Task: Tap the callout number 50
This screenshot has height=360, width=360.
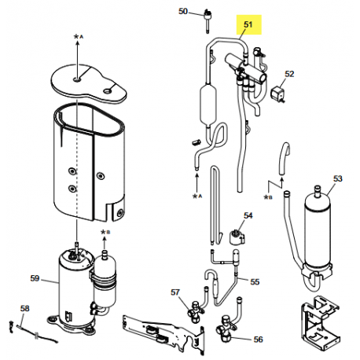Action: (183, 12)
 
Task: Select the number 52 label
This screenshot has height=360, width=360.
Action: (289, 74)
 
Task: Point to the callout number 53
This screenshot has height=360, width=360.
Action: (338, 178)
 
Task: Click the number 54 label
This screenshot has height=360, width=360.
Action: (248, 215)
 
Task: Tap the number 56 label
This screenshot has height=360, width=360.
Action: (258, 339)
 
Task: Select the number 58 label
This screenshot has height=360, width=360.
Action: (24, 308)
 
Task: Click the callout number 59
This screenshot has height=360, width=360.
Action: (34, 277)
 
